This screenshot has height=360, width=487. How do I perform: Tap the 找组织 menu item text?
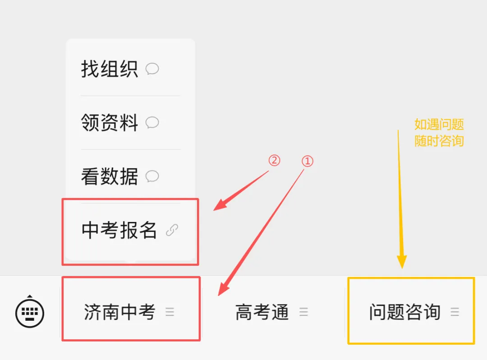pyautogui.click(x=109, y=69)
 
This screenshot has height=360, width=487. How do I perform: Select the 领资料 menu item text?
pyautogui.click(x=109, y=122)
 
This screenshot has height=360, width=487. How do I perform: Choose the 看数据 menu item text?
pyautogui.click(x=109, y=176)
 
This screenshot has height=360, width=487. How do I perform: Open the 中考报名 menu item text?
pyautogui.click(x=119, y=230)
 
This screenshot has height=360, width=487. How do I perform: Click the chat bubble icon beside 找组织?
pyautogui.click(x=152, y=69)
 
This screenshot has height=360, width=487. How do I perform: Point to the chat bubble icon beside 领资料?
pyautogui.click(x=152, y=122)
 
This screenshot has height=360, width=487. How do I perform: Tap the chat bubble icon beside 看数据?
pyautogui.click(x=152, y=176)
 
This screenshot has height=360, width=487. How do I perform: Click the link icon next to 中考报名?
pyautogui.click(x=172, y=230)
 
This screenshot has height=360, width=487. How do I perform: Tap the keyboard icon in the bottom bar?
pyautogui.click(x=30, y=311)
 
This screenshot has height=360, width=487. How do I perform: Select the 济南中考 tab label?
pyautogui.click(x=119, y=312)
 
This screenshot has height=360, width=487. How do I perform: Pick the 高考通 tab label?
pyautogui.click(x=262, y=312)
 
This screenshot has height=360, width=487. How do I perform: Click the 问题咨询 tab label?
pyautogui.click(x=404, y=312)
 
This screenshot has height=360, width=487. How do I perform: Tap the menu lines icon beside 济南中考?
pyautogui.click(x=170, y=312)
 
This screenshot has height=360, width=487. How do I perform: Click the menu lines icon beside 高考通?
pyautogui.click(x=304, y=312)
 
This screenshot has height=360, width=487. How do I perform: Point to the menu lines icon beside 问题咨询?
pyautogui.click(x=455, y=312)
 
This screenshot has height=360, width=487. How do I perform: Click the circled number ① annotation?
pyautogui.click(x=307, y=161)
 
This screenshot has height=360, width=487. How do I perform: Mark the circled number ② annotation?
pyautogui.click(x=274, y=160)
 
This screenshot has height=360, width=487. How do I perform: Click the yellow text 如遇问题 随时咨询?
pyautogui.click(x=439, y=133)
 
